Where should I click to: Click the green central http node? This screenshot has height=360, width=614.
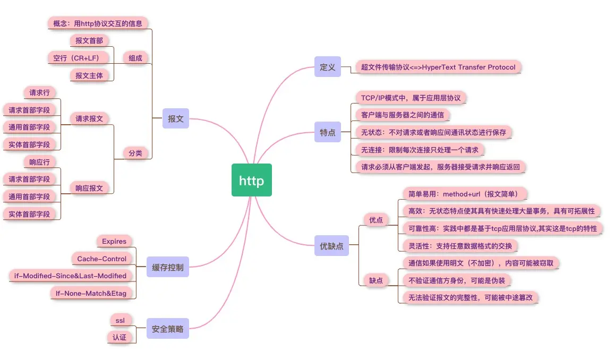click(x=251, y=180)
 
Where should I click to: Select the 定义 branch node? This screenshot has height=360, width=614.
click(x=327, y=67)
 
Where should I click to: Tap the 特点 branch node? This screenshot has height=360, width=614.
click(x=327, y=132)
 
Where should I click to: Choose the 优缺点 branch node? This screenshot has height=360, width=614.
click(x=331, y=246)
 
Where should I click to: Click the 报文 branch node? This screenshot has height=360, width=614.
click(x=175, y=118)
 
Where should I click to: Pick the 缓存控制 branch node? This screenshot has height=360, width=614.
click(x=167, y=267)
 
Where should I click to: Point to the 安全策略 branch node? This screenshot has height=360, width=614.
click(x=167, y=329)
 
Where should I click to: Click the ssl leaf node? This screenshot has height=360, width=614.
click(x=120, y=320)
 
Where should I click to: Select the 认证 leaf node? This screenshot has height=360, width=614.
click(x=120, y=337)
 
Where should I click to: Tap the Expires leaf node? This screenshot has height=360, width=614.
click(x=114, y=241)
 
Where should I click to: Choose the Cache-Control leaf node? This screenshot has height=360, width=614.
click(x=102, y=259)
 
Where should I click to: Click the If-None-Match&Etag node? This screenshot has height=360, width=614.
click(x=92, y=293)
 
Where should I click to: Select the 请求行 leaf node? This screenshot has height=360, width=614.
click(x=40, y=92)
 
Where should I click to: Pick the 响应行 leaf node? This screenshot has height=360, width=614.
click(x=40, y=161)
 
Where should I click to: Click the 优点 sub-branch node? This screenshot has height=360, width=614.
click(x=376, y=219)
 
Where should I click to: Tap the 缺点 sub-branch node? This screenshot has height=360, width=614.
click(x=376, y=280)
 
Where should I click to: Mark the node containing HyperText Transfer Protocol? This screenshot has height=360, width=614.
click(x=438, y=67)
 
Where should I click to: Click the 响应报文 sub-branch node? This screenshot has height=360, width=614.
click(x=89, y=187)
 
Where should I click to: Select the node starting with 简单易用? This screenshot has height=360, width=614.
click(x=460, y=193)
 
